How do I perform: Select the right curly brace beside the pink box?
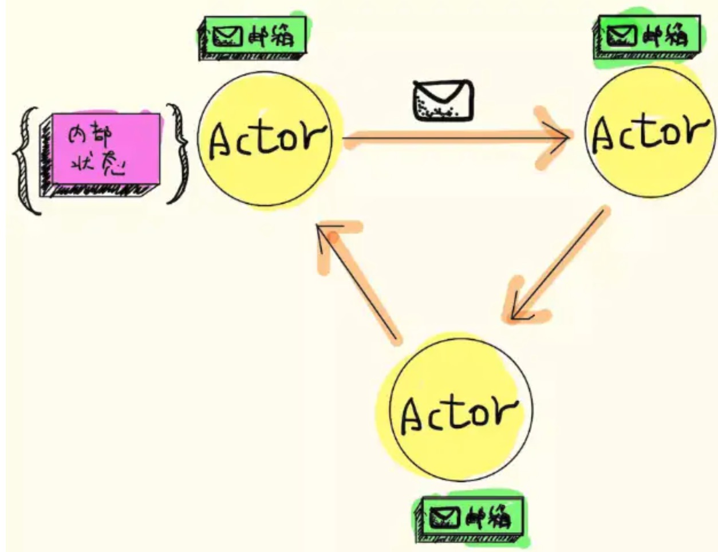click(x=179, y=153)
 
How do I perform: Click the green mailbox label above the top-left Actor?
click(x=252, y=38)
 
